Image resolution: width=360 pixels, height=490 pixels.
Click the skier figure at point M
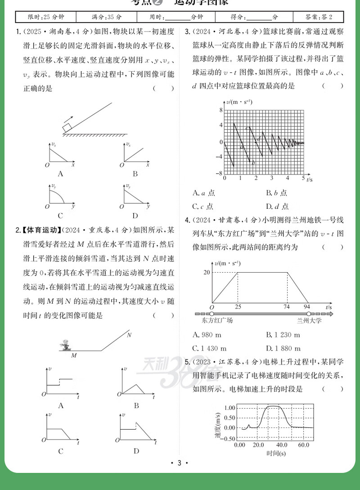[66, 346]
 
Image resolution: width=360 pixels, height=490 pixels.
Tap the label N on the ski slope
[129, 335]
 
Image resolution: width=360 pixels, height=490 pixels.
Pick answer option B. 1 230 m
[284, 335]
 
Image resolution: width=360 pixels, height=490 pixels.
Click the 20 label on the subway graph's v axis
[207, 272]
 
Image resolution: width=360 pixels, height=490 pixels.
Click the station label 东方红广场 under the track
[218, 321]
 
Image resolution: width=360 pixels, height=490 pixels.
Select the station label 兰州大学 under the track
[310, 321]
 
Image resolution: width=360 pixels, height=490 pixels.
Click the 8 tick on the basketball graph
[221, 110]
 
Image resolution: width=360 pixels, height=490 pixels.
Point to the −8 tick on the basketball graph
[219, 173]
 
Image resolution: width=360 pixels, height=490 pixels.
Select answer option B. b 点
[277, 193]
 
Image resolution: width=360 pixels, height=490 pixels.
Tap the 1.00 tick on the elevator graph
[229, 408]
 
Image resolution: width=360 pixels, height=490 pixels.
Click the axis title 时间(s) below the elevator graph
[276, 453]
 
